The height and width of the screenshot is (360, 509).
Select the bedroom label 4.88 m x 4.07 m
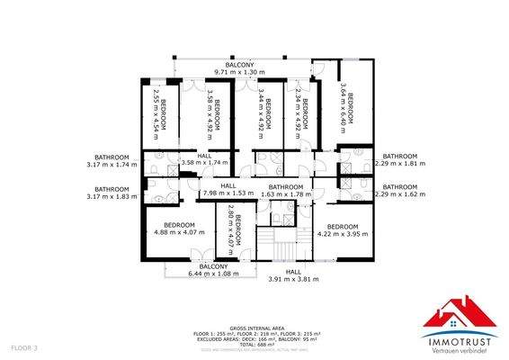pos(180,232)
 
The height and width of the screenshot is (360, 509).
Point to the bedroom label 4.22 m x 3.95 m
pos(343,233)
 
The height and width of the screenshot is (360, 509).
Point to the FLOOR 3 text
pos(24,346)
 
